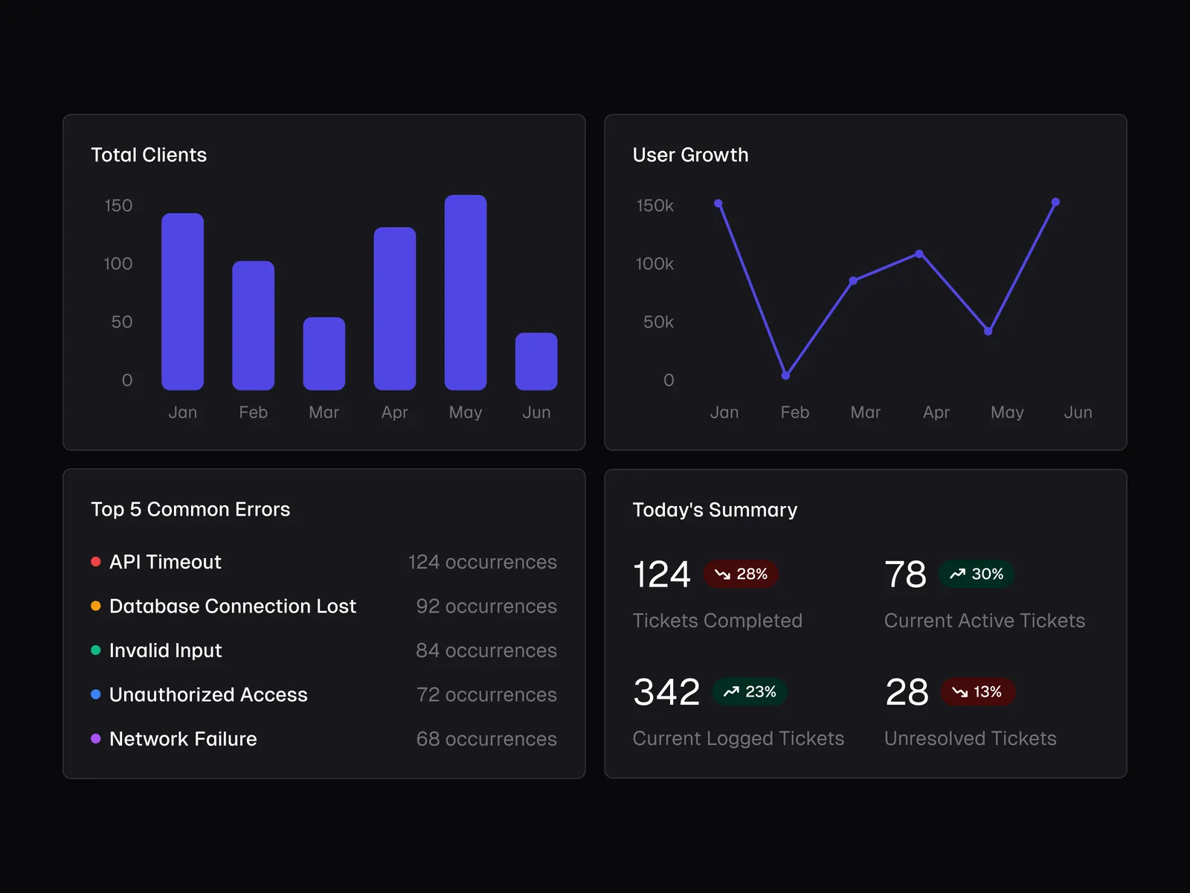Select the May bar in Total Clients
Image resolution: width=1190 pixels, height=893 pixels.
click(466, 292)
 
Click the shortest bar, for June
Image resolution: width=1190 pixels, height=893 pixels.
click(536, 362)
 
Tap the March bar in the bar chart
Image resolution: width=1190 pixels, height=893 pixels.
click(324, 354)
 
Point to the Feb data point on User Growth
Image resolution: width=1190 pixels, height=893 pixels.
click(785, 375)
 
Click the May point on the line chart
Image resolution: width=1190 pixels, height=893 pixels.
click(988, 331)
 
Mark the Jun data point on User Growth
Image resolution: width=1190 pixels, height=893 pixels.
click(1055, 202)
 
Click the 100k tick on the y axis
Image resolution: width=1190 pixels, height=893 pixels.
click(654, 264)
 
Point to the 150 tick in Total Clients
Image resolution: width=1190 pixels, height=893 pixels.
click(118, 205)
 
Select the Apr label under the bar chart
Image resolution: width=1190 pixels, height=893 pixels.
click(395, 412)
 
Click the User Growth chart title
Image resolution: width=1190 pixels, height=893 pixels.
click(690, 155)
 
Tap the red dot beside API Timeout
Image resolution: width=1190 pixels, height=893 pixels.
click(96, 562)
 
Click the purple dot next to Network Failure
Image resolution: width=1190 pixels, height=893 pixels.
click(96, 739)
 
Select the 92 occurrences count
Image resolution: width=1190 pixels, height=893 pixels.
click(486, 606)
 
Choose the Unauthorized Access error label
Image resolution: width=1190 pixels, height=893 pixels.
click(208, 694)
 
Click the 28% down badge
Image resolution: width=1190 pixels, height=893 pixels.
click(741, 574)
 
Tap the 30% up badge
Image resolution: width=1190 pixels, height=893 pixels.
click(977, 574)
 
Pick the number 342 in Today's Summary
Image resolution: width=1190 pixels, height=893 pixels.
click(666, 692)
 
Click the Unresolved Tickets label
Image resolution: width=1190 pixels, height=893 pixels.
click(970, 738)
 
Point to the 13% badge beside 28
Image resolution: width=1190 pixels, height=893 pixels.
click(977, 692)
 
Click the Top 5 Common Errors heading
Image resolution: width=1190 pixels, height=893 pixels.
click(190, 509)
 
